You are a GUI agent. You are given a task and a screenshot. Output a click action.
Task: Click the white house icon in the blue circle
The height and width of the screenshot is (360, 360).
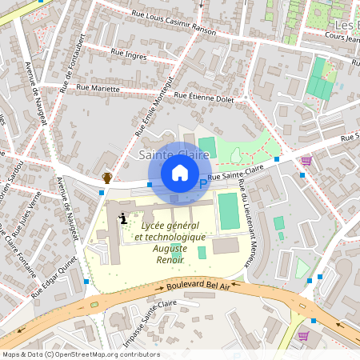coord(180,173)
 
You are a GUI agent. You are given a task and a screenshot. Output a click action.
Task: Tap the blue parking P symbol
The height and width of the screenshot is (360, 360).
coord(202,184)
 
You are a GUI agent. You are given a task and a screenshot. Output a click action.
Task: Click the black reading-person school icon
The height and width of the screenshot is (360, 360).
coord(122,218)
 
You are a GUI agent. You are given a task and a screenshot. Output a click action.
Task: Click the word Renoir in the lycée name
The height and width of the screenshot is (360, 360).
coord(170,259)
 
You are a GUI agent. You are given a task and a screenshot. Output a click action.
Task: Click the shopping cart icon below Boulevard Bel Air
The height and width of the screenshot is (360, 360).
coord(302,335)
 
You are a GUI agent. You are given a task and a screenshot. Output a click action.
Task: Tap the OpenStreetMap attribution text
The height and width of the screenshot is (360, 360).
coord(81,354)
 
